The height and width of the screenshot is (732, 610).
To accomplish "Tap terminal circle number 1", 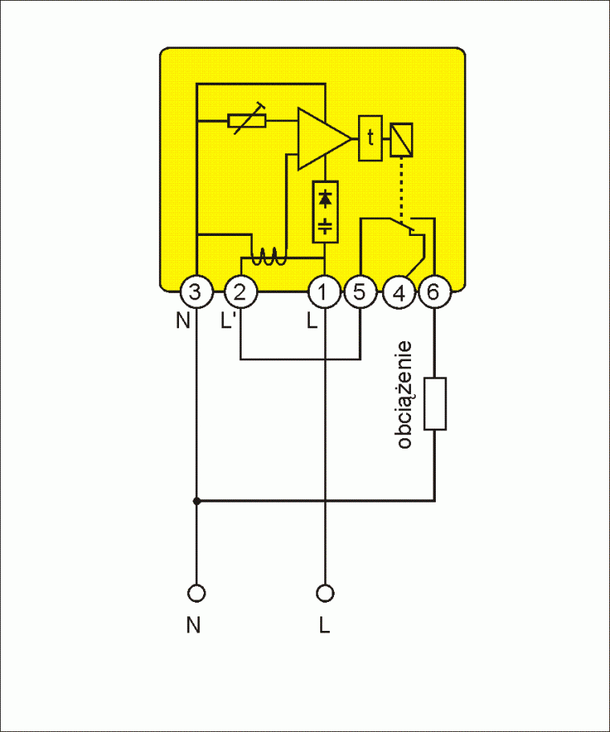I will point(324,291).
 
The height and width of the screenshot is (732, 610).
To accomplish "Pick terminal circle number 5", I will point(360,291).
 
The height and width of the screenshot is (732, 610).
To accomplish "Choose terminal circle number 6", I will point(433,291).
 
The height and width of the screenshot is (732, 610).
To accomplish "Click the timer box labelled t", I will point(370,138).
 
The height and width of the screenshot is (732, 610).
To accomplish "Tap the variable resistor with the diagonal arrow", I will point(247,121).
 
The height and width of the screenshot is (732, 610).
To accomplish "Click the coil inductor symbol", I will point(266,257).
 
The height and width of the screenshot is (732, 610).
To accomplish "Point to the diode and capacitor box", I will point(324,211).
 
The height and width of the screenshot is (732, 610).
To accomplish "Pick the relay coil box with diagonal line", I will point(401,140).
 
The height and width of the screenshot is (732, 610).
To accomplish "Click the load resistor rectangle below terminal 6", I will point(434,403).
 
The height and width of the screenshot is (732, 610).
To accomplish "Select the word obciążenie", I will point(405,395).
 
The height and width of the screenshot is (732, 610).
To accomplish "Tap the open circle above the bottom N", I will point(195,593).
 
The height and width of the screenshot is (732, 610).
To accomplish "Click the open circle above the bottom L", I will point(324,593).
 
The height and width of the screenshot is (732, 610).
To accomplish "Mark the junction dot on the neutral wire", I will point(195,501).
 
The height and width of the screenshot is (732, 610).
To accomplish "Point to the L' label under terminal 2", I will point(230,322).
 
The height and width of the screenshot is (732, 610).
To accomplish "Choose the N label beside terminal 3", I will point(183,322).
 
